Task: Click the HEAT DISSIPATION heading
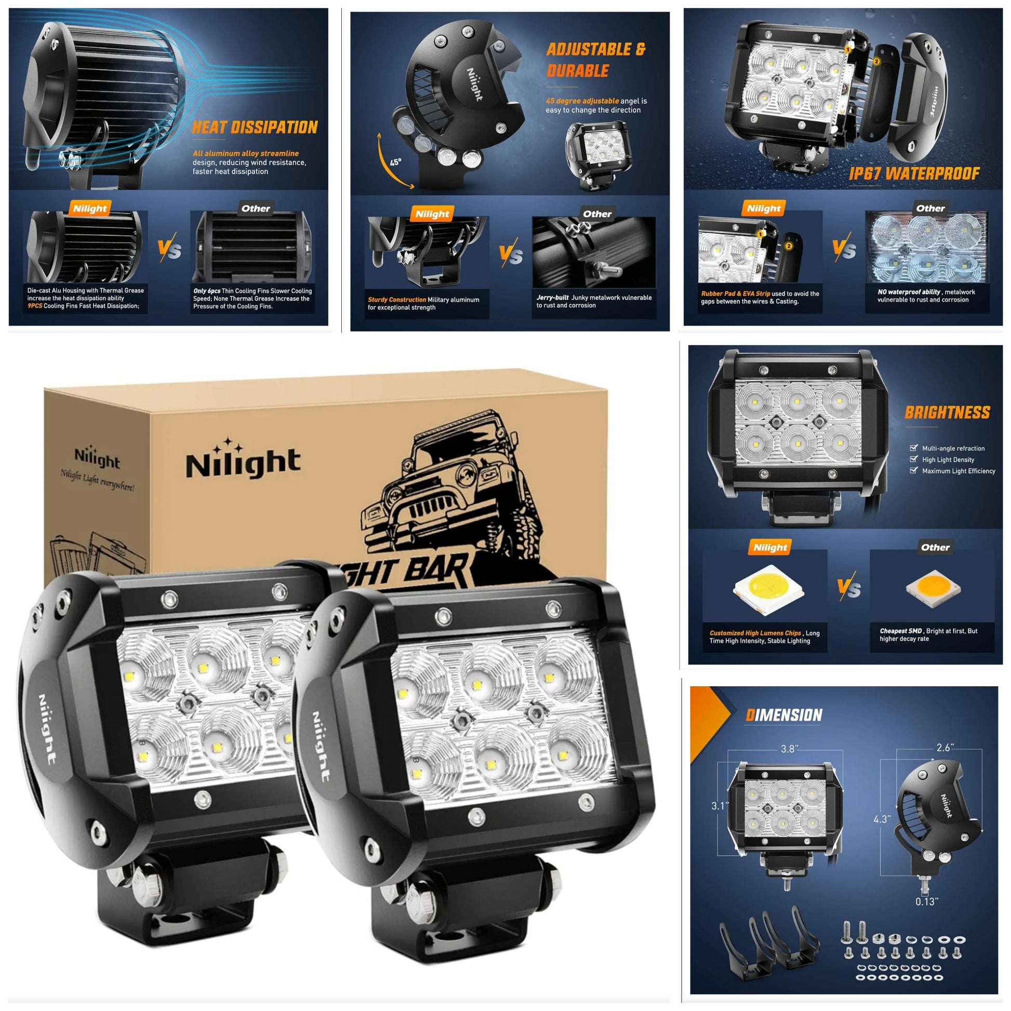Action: [255, 127]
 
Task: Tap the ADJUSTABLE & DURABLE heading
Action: [596, 60]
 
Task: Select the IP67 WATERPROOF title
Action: [914, 173]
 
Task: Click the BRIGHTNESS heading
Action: [947, 413]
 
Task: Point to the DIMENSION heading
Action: [783, 715]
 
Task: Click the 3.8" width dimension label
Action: [790, 749]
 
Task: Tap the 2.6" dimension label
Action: [945, 747]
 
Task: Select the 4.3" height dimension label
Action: [882, 819]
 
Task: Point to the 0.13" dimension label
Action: [927, 901]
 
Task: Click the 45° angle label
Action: [395, 162]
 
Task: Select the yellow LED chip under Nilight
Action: [768, 589]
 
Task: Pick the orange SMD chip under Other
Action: [933, 588]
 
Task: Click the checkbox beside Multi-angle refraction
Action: [914, 447]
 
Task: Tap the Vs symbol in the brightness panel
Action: [849, 587]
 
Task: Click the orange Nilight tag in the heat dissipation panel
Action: [90, 208]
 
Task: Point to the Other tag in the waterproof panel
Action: [930, 208]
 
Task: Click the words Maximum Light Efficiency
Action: [959, 471]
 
